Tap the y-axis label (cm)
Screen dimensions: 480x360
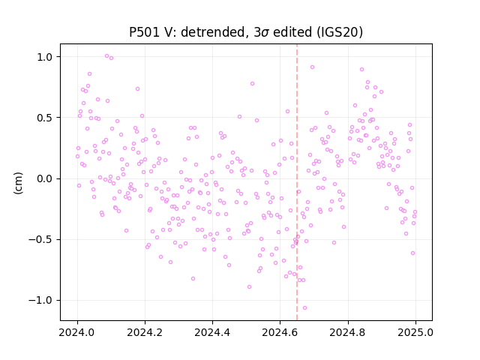coord(18,183)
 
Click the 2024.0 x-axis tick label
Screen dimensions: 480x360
coord(77,332)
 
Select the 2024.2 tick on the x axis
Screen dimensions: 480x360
coord(145,332)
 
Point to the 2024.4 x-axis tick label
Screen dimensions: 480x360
coord(212,332)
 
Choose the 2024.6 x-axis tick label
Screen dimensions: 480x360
coord(280,332)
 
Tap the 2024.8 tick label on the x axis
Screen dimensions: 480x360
coord(348,332)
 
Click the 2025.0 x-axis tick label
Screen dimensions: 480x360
coord(415,332)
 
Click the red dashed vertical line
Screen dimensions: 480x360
coord(297,182)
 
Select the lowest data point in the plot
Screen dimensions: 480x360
coord(304,308)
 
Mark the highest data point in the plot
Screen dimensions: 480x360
coord(106,56)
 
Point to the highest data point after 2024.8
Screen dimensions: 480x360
coord(361,70)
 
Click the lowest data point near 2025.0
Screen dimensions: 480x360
coord(413,253)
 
